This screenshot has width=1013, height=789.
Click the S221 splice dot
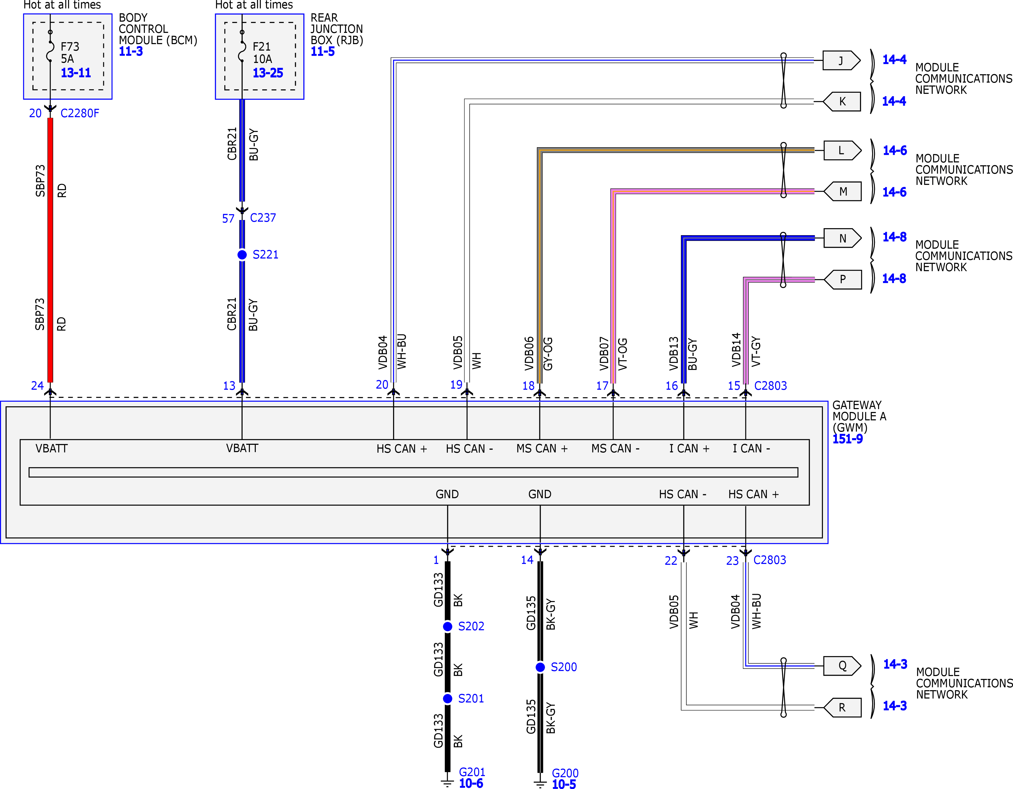pyautogui.click(x=242, y=255)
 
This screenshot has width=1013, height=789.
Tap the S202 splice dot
pyautogui.click(x=448, y=627)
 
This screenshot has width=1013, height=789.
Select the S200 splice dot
pyautogui.click(x=540, y=667)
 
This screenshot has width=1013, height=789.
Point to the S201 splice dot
pyautogui.click(x=448, y=699)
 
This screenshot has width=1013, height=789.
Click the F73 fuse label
pyautogui.click(x=70, y=46)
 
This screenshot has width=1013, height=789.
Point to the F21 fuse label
pyautogui.click(x=262, y=46)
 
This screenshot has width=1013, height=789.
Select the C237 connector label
pyautogui.click(x=263, y=218)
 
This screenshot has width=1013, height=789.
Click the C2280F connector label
pyautogui.click(x=80, y=113)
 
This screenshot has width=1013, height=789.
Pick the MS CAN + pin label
pyautogui.click(x=542, y=449)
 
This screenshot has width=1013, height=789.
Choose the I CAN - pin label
pyautogui.click(x=751, y=449)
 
